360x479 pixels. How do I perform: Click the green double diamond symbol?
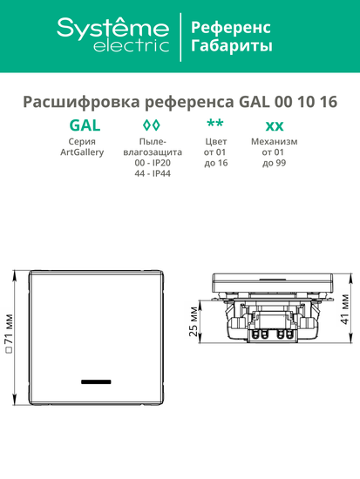(152, 125)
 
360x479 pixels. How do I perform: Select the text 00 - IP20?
(153, 164)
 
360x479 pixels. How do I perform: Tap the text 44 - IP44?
(153, 175)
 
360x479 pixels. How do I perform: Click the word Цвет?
(215, 141)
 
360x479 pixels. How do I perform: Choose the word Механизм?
(274, 141)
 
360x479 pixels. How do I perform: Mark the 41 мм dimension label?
(345, 308)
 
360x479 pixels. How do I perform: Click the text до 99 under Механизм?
(274, 164)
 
